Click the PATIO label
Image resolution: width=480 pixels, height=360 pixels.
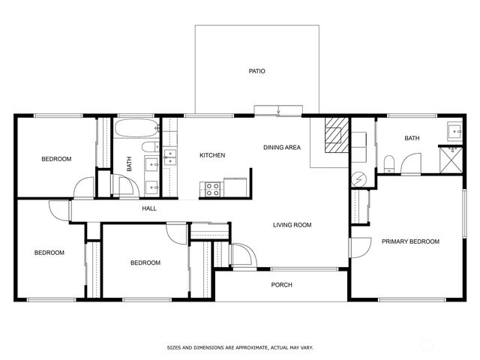(256, 71)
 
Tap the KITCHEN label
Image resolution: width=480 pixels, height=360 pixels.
(212, 155)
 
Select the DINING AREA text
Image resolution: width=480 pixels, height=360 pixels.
(282, 147)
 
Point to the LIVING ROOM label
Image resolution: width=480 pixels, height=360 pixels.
(292, 225)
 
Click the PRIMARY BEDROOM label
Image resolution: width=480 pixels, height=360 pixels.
(410, 241)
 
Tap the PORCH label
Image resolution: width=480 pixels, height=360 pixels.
(282, 285)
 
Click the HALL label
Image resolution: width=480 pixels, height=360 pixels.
(149, 208)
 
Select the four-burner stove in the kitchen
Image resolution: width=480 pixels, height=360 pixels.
(212, 189)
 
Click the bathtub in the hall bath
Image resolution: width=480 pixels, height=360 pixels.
(136, 128)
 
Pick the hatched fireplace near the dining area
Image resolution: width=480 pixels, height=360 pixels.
(337, 135)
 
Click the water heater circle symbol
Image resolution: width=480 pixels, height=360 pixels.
(358, 179)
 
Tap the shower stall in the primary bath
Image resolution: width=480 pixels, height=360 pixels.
(451, 160)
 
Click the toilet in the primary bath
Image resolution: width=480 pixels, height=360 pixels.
(389, 164)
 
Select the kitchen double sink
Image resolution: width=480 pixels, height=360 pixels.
(170, 157)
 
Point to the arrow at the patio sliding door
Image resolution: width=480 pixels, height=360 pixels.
(278, 110)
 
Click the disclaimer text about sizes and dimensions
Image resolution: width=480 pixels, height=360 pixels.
(240, 348)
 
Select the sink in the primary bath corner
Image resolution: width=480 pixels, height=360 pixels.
(454, 131)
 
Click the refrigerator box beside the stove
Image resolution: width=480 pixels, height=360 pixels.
(235, 187)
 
